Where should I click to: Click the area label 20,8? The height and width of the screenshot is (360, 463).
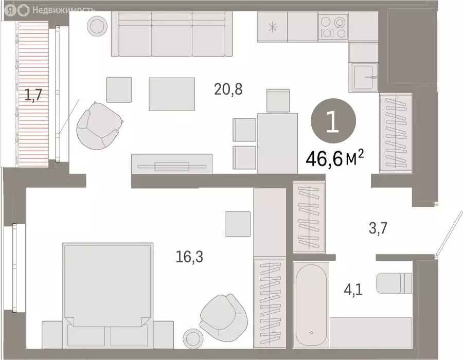[x=228, y=90]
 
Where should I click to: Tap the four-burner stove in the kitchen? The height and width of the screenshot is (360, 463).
[x=333, y=28]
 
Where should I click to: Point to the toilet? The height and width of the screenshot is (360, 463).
[x=395, y=282]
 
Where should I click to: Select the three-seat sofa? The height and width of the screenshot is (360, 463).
[x=171, y=34]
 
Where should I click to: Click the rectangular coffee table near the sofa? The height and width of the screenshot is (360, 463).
[x=172, y=94]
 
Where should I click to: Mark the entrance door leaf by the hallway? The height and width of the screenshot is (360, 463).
[x=446, y=234]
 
